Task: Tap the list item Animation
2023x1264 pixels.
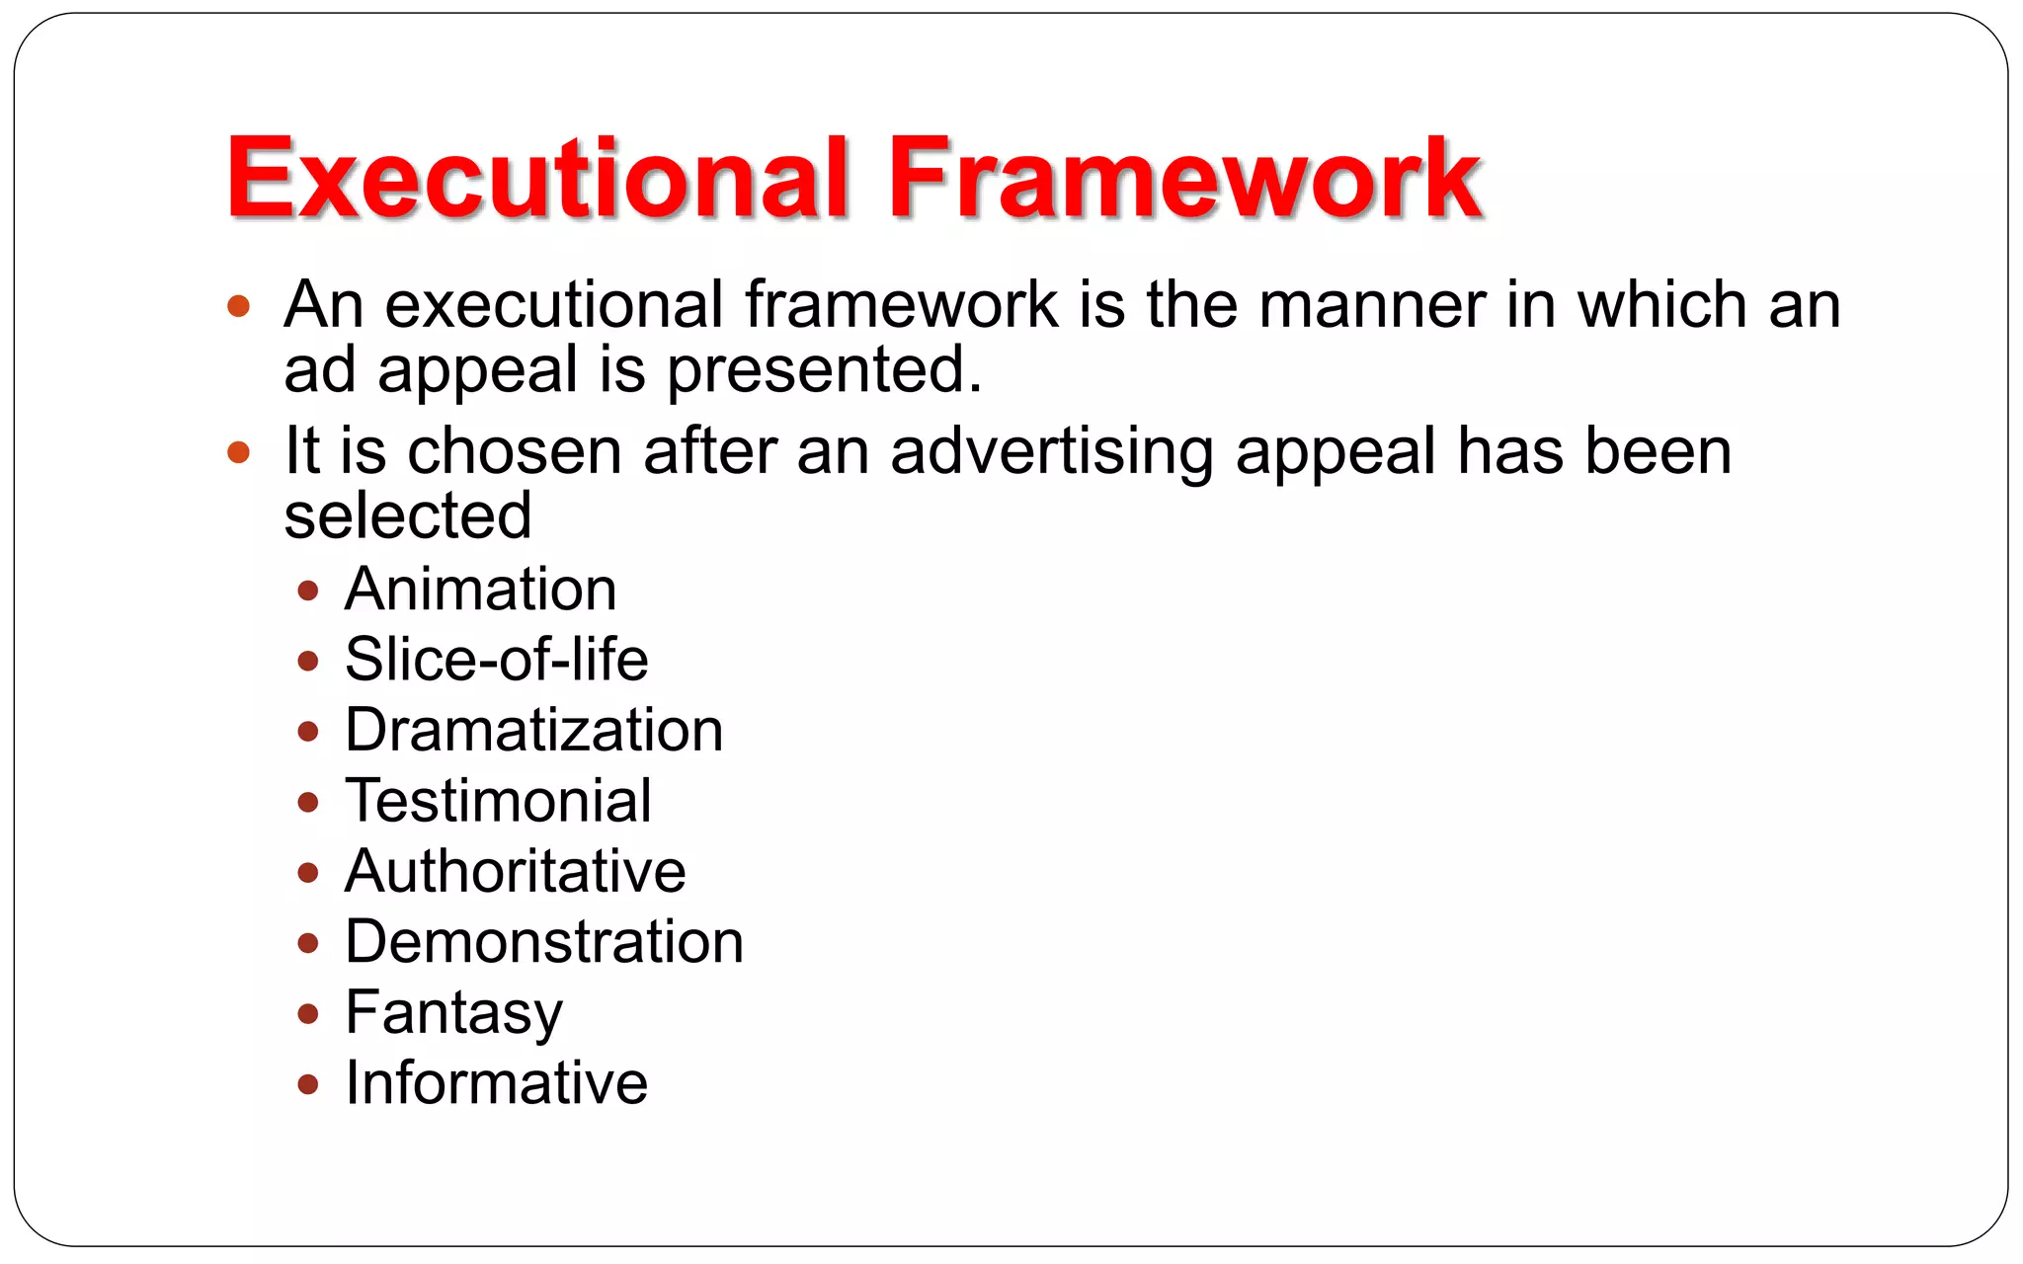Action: click(x=480, y=590)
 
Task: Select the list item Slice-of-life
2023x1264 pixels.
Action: click(x=496, y=660)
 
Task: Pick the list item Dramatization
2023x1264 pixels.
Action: click(x=533, y=731)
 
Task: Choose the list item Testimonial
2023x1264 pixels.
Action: click(x=498, y=801)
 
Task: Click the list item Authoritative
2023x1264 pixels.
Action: click(x=515, y=871)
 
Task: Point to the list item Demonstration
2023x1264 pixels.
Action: click(x=543, y=942)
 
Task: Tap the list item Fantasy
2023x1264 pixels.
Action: click(x=453, y=1013)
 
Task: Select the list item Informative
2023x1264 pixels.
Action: click(x=496, y=1083)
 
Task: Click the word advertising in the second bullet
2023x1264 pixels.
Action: click(x=1051, y=451)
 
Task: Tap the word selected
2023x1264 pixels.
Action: click(x=407, y=515)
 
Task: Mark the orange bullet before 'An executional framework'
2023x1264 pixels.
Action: click(x=238, y=306)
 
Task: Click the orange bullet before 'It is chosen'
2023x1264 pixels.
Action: click(x=238, y=453)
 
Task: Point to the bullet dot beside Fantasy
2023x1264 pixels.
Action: click(x=308, y=1014)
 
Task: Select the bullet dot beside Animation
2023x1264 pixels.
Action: click(x=308, y=592)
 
